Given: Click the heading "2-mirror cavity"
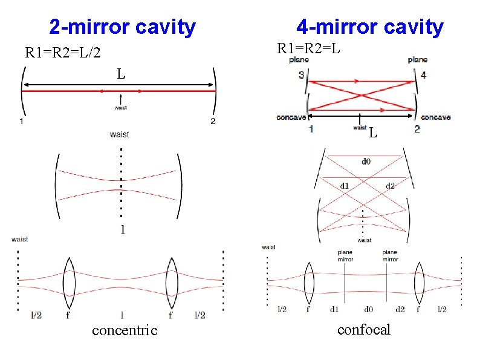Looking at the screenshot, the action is point(123,27).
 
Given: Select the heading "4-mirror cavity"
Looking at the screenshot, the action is point(369,27).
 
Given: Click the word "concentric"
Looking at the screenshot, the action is point(125,330).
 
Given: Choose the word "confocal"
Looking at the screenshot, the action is point(364,330).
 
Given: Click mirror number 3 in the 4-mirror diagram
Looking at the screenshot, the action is point(301,74).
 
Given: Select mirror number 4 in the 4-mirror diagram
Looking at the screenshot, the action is point(423,74).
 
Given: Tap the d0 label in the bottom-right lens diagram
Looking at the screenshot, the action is point(368,309).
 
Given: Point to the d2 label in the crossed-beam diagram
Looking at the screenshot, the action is point(390,185).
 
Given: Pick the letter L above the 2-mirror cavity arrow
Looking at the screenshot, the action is point(122,74).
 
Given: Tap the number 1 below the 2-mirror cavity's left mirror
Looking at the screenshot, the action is point(22,122).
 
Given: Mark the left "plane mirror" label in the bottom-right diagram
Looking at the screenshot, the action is point(345,255).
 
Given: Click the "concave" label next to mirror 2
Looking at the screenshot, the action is point(435,117).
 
